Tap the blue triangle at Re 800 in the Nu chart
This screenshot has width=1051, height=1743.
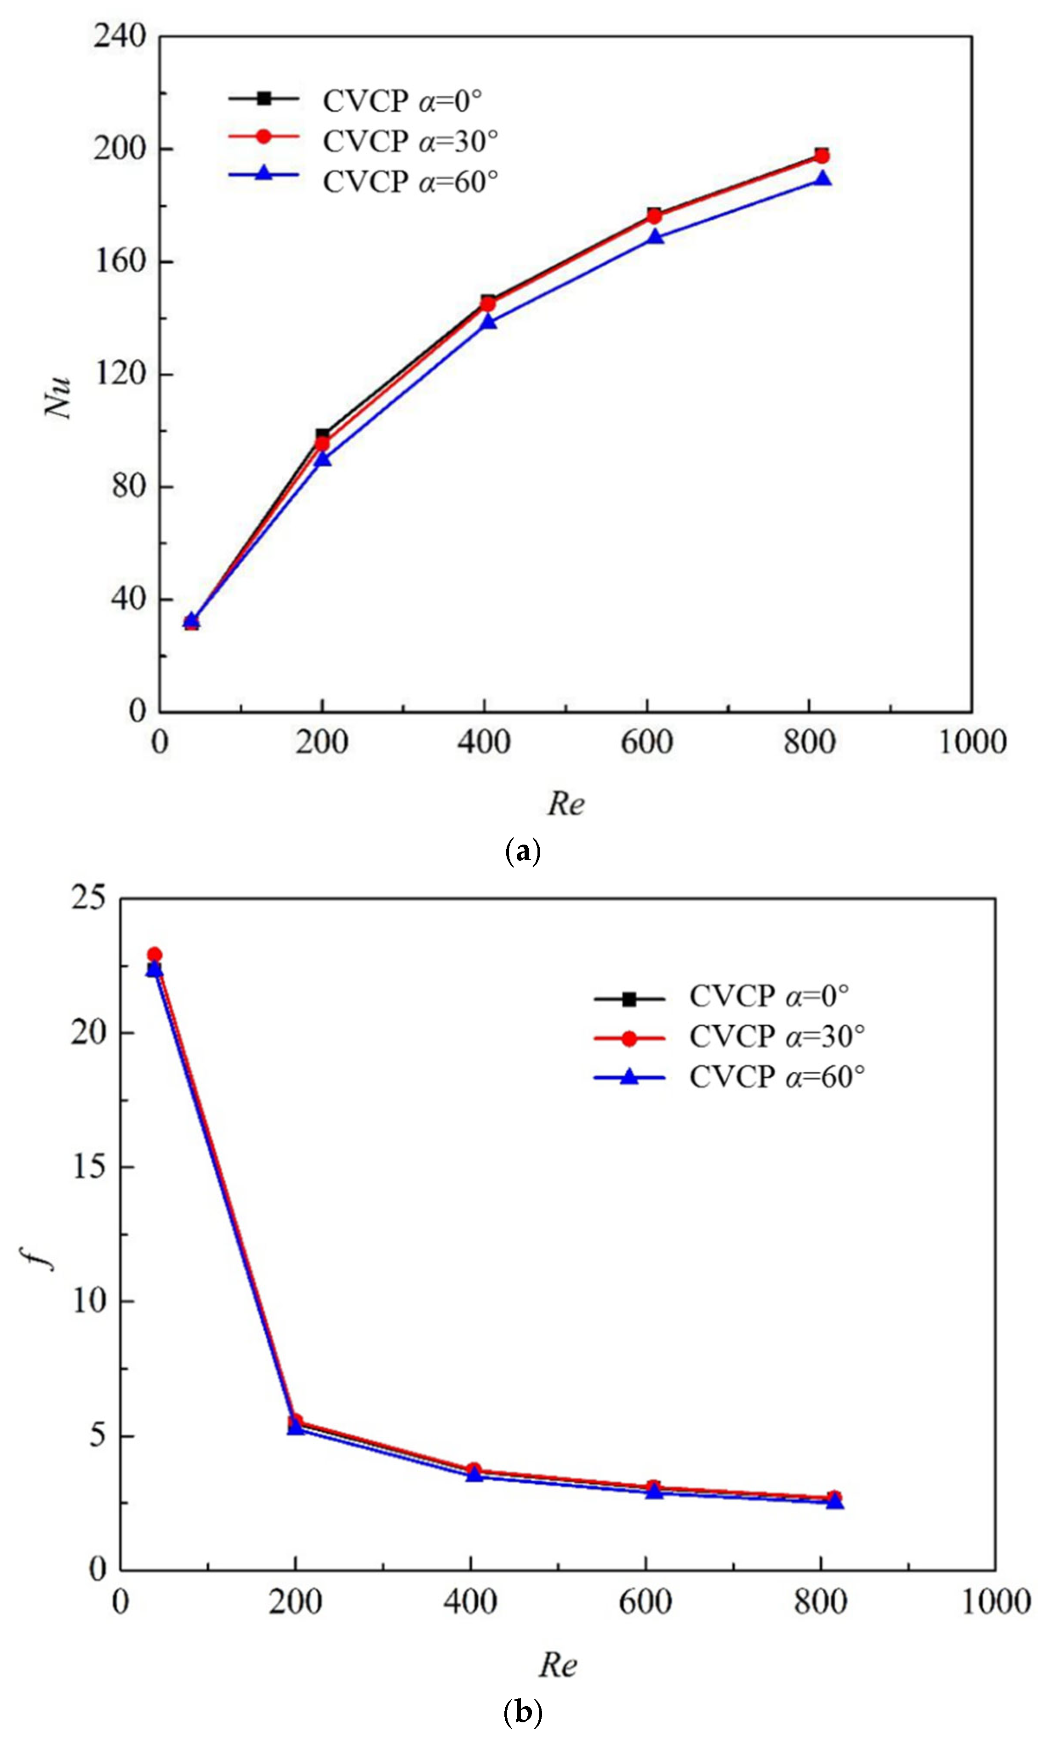tap(822, 178)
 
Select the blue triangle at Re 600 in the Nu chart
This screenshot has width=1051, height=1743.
tap(656, 236)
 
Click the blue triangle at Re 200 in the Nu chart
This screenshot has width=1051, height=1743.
tap(322, 459)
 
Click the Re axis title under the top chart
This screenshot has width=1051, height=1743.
tap(566, 803)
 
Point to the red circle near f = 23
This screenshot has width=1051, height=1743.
tap(154, 955)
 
